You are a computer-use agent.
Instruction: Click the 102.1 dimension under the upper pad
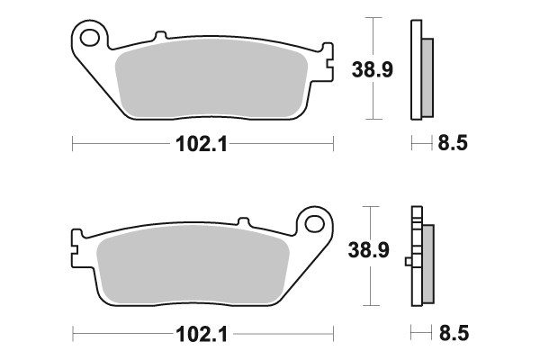[x=202, y=143]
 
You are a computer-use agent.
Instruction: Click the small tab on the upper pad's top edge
[x=161, y=37]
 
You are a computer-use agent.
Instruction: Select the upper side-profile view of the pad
[x=419, y=70]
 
